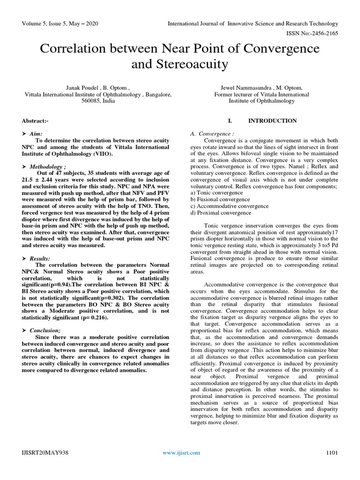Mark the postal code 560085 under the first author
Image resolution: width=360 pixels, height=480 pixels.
[x=83, y=100]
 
